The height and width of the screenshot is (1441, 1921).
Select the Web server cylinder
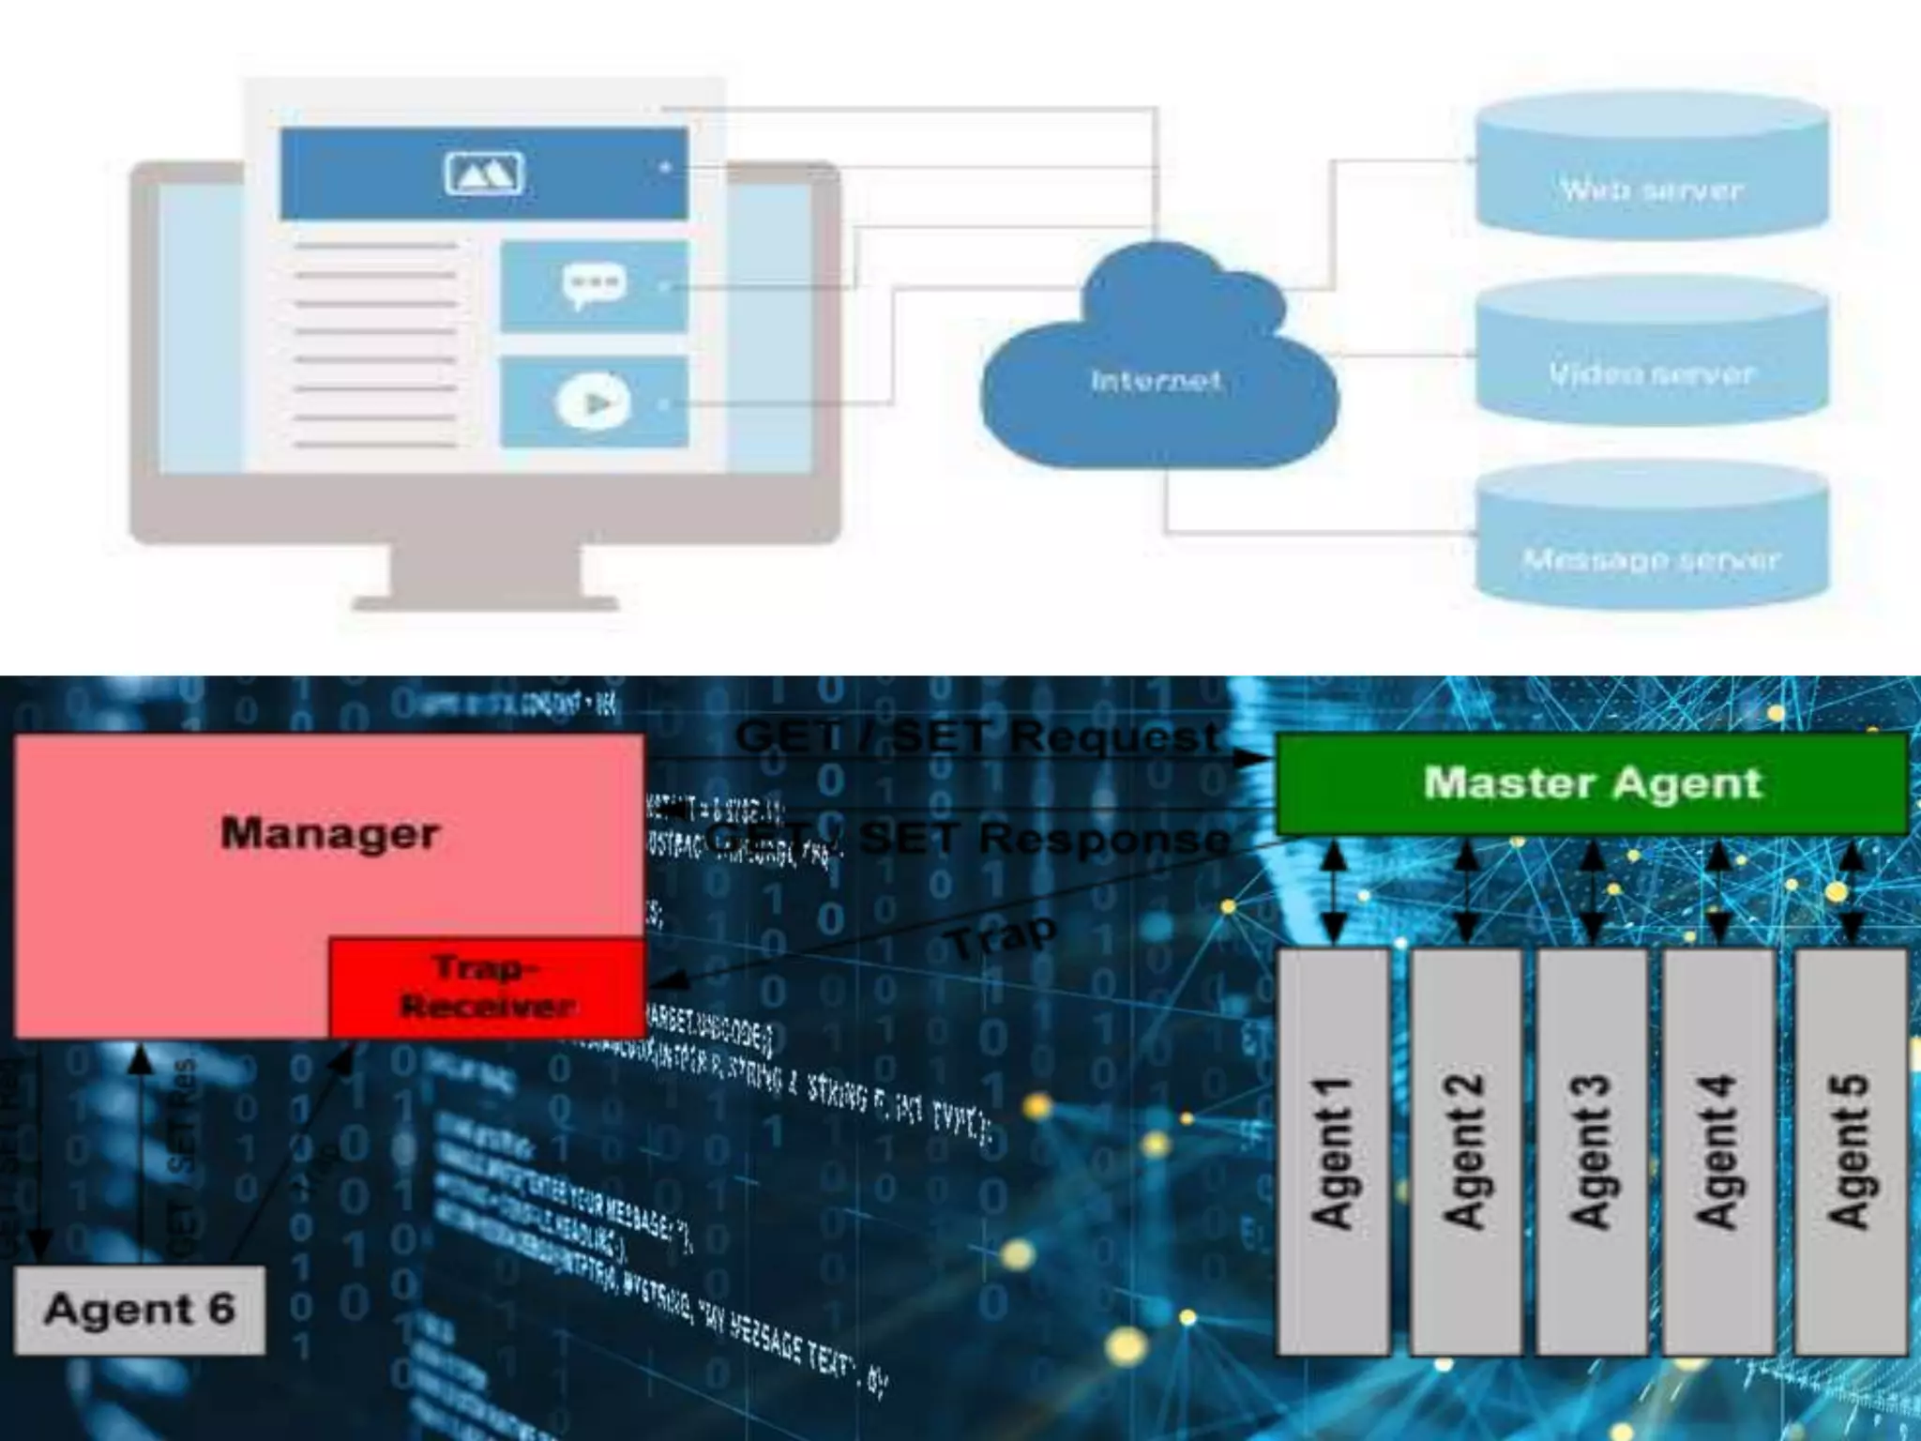click(1651, 174)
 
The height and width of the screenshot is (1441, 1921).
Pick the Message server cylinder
click(1651, 544)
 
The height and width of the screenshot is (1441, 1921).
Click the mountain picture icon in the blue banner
click(484, 174)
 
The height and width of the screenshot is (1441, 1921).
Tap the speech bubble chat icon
click(593, 285)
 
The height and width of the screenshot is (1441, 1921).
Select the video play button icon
click(593, 402)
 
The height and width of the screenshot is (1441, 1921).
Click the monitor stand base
click(485, 600)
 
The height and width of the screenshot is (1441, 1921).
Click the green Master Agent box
click(1592, 783)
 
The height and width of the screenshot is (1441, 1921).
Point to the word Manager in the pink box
click(330, 833)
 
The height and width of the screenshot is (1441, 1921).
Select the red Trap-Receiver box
click(487, 987)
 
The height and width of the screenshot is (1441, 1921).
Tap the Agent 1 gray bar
click(1334, 1152)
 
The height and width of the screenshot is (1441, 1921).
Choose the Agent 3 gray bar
click(1592, 1152)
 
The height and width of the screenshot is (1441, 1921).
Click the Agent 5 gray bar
click(1851, 1152)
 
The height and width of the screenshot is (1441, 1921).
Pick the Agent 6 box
click(140, 1310)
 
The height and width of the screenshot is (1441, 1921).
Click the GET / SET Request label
click(977, 736)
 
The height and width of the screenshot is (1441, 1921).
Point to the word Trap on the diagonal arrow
click(1002, 935)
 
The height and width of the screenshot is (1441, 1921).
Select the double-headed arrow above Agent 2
click(1466, 892)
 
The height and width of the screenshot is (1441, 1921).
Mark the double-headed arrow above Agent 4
click(1718, 892)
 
